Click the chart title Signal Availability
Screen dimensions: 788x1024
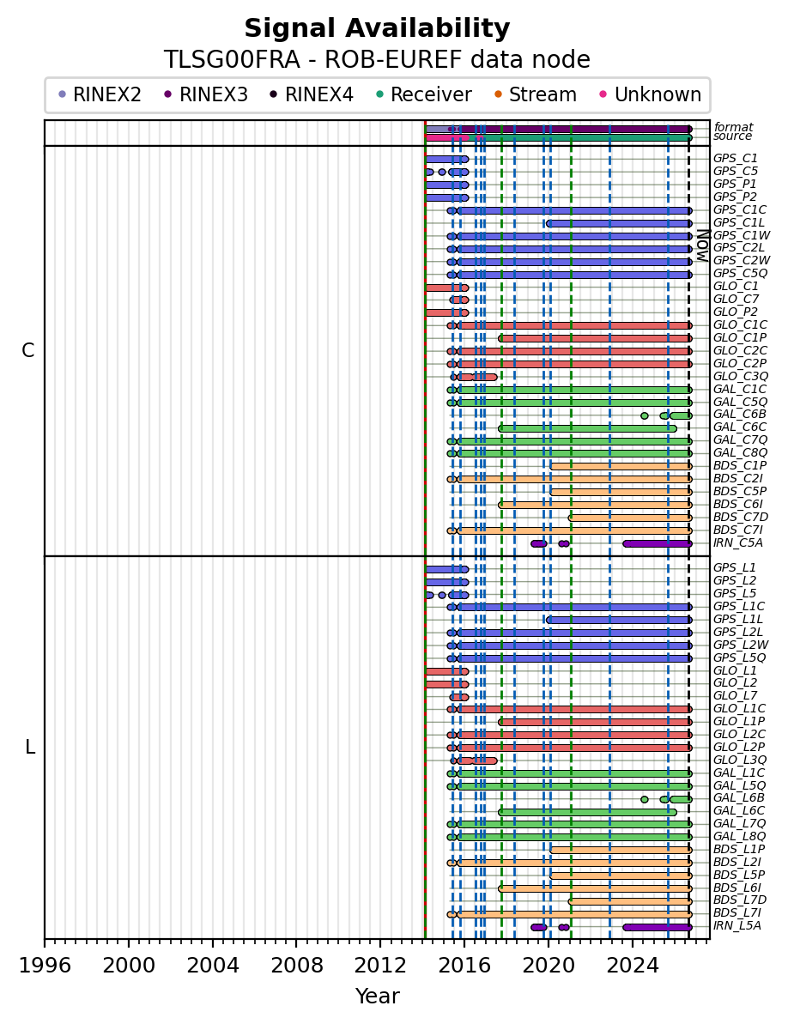click(x=378, y=28)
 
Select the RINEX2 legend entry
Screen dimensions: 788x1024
click(x=100, y=94)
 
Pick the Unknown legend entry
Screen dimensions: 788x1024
click(x=651, y=94)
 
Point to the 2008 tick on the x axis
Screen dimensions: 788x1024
click(x=296, y=941)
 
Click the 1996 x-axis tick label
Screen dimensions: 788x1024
click(x=45, y=965)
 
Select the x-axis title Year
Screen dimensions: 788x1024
click(x=378, y=996)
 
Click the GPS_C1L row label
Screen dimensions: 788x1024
click(x=738, y=222)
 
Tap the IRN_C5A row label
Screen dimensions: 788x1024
click(x=737, y=542)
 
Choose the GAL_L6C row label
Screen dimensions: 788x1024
click(x=738, y=810)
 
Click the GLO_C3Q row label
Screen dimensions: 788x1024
click(x=740, y=376)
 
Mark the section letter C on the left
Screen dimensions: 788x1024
click(x=28, y=351)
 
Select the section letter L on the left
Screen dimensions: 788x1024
click(x=29, y=747)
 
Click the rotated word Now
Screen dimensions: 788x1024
click(x=702, y=245)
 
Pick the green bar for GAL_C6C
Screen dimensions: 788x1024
click(x=588, y=428)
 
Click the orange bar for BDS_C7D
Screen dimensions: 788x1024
click(x=630, y=518)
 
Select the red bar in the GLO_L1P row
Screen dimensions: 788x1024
click(x=595, y=722)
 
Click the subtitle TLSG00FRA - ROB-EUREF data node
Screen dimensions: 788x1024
click(x=378, y=60)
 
